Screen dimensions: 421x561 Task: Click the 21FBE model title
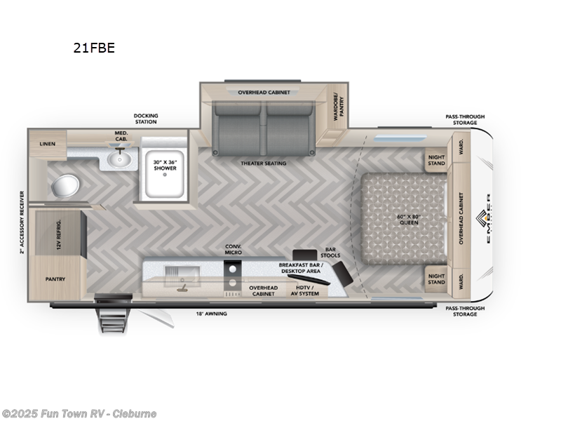[94, 48]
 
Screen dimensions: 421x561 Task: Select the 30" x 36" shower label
[165, 165]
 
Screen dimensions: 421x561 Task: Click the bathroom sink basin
[120, 161]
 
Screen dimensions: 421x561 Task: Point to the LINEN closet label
[48, 143]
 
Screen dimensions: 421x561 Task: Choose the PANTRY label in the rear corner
[55, 279]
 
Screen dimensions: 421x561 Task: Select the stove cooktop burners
[233, 276]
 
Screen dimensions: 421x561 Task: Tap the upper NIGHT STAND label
[436, 161]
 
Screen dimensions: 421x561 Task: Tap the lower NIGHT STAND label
[436, 279]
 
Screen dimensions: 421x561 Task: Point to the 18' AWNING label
[211, 314]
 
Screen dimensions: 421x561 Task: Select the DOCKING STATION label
[146, 119]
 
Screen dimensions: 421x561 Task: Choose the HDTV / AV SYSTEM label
[304, 290]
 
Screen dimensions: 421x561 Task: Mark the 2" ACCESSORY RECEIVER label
[22, 221]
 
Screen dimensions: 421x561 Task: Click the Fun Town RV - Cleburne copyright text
[79, 414]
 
